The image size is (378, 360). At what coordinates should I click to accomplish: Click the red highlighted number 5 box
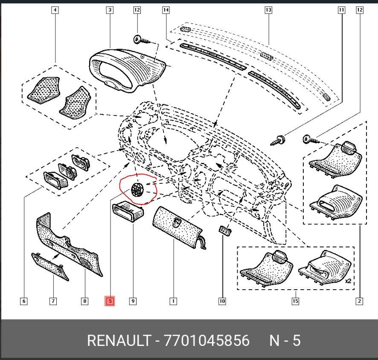(x=110, y=301)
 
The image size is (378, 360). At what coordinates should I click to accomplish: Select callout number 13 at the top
(x=268, y=10)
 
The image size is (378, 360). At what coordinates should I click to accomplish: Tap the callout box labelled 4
(x=55, y=10)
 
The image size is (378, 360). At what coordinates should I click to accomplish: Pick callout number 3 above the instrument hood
(x=110, y=10)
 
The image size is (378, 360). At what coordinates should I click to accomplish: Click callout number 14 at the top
(x=166, y=10)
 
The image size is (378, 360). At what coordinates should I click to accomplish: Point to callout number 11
(x=341, y=10)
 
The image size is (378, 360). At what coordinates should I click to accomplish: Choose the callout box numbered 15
(x=295, y=301)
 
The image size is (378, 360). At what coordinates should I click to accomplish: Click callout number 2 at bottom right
(x=359, y=301)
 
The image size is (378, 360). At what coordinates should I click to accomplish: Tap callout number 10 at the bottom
(x=222, y=301)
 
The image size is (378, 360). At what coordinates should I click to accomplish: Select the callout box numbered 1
(x=173, y=301)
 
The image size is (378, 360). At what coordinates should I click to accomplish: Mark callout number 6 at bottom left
(x=23, y=301)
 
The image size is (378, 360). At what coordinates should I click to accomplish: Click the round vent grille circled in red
(x=137, y=189)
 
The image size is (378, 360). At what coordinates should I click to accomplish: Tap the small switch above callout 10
(x=225, y=231)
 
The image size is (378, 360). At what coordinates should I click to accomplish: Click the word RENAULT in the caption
(x=118, y=340)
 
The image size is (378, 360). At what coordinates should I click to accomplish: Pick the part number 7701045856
(x=206, y=340)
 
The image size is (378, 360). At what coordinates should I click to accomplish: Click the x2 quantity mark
(x=348, y=282)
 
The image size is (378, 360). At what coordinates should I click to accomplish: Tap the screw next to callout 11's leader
(x=280, y=139)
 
